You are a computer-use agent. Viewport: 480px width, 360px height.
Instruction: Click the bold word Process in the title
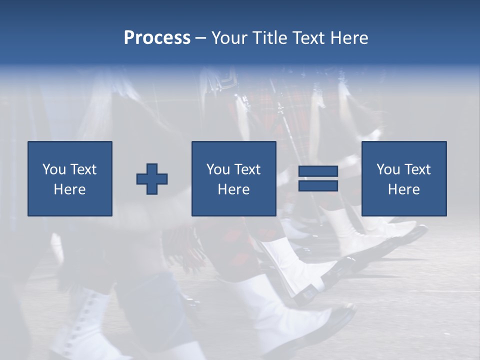click(x=157, y=38)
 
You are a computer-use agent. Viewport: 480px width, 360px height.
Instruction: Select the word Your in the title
click(x=227, y=38)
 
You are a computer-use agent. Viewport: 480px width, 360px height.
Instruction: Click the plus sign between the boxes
click(x=152, y=178)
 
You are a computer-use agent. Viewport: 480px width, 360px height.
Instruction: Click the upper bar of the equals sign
click(x=318, y=171)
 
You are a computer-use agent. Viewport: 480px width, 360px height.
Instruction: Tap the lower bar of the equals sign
click(x=318, y=185)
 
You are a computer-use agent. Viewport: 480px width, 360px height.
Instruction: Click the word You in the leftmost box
click(x=54, y=169)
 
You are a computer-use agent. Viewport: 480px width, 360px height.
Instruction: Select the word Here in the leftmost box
click(x=69, y=189)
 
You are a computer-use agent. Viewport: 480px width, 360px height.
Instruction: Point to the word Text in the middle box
click(x=247, y=169)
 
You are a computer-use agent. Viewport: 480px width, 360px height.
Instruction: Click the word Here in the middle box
click(x=233, y=189)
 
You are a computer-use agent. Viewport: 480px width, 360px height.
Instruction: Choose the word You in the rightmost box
click(x=388, y=169)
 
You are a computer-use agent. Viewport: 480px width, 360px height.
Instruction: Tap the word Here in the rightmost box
click(x=403, y=189)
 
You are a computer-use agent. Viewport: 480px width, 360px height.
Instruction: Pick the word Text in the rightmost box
click(x=417, y=169)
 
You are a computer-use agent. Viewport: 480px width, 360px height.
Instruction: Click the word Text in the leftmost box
click(x=83, y=169)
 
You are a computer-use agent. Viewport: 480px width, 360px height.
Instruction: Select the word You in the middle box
click(x=218, y=169)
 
